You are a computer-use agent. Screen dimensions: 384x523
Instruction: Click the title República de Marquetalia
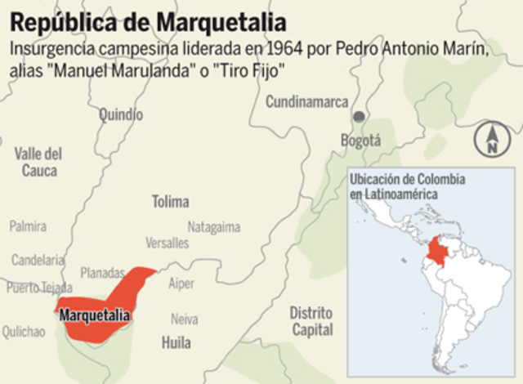[x=149, y=19]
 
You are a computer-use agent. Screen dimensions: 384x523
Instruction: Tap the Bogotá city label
[x=360, y=141]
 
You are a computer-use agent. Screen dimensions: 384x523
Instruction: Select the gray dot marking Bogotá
[x=357, y=117]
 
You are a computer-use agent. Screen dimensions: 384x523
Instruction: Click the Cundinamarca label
[x=306, y=101]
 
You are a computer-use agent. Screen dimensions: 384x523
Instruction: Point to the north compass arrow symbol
[x=492, y=139]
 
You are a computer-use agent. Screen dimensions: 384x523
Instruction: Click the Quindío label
[x=121, y=115]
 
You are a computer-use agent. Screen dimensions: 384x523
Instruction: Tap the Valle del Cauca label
[x=38, y=162]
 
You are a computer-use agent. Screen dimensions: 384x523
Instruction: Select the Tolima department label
[x=170, y=201]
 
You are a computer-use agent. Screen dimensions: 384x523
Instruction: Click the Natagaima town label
[x=214, y=226]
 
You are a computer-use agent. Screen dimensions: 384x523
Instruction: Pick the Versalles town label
[x=167, y=243]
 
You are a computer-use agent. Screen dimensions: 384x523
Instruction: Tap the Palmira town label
[x=28, y=226]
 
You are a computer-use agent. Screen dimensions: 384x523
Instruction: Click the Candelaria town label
[x=38, y=260]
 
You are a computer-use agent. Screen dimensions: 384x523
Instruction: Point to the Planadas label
[x=102, y=273]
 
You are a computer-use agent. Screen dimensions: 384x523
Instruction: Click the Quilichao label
[x=24, y=331]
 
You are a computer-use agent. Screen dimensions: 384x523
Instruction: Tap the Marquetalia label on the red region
[x=96, y=314]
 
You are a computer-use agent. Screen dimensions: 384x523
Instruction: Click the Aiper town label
[x=181, y=284]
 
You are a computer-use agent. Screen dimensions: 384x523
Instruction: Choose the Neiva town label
[x=184, y=319]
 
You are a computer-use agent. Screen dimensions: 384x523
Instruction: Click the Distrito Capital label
[x=311, y=321]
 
